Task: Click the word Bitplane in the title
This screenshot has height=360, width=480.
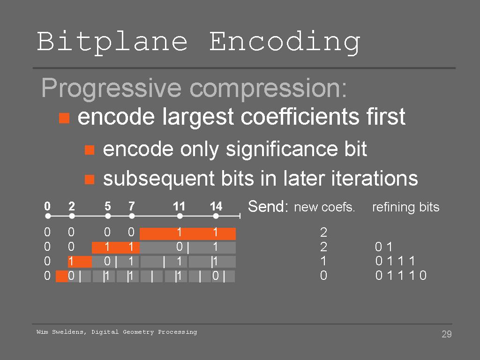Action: coord(112,42)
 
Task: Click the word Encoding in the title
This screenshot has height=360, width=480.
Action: coord(285,43)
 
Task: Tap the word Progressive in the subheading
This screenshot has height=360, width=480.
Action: coord(112,89)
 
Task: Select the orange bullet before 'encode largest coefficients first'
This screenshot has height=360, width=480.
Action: coord(64,118)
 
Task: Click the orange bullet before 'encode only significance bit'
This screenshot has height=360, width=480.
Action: coord(90,150)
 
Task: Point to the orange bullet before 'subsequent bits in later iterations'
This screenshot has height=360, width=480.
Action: coord(90,180)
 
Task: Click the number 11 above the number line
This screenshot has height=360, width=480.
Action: coord(179,206)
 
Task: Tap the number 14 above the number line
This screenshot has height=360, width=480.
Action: coord(216,206)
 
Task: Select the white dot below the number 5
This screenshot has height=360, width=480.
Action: coord(108,216)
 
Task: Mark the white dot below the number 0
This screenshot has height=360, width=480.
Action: coord(48,216)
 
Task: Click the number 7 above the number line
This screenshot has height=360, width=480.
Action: coord(132,206)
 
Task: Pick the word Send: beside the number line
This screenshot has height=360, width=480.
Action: coord(268,206)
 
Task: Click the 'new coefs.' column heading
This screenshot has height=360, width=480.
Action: coord(324,207)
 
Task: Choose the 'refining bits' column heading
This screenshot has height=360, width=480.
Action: coord(405,207)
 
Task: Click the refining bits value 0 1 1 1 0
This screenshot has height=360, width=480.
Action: coord(401,276)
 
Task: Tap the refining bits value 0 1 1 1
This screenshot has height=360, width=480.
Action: coord(395,261)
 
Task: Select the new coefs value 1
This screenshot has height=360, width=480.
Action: coord(323,261)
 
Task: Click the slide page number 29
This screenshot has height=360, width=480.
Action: coord(447,334)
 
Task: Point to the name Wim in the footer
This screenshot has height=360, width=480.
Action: coord(42,332)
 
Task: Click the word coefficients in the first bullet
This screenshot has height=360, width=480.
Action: coord(300,117)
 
